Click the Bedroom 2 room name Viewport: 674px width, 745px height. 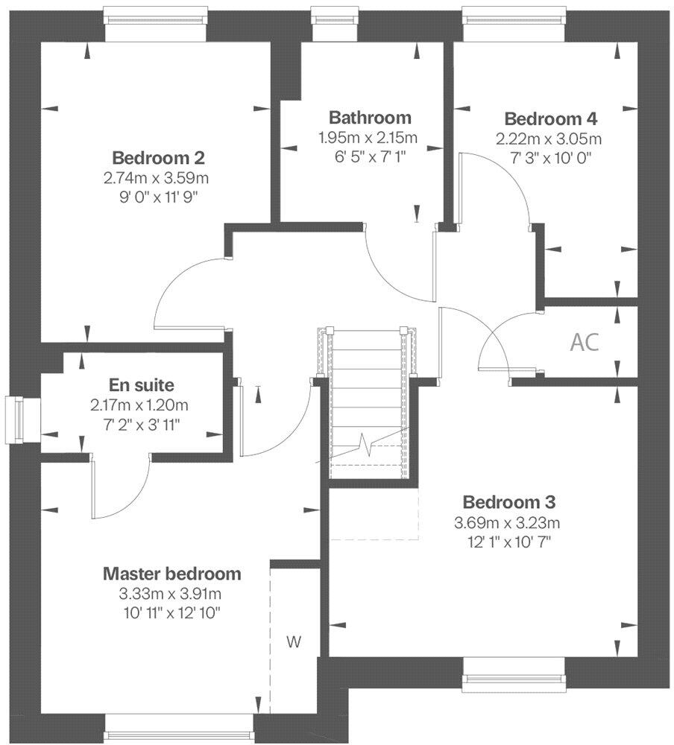(x=158, y=158)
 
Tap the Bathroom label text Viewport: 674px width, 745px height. (x=370, y=117)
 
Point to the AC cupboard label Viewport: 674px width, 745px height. (x=584, y=342)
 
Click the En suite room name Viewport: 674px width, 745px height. (x=142, y=385)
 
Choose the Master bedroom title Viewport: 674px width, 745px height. (x=171, y=574)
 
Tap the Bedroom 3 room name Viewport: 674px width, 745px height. (x=508, y=501)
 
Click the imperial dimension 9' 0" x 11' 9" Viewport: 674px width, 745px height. (x=158, y=197)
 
